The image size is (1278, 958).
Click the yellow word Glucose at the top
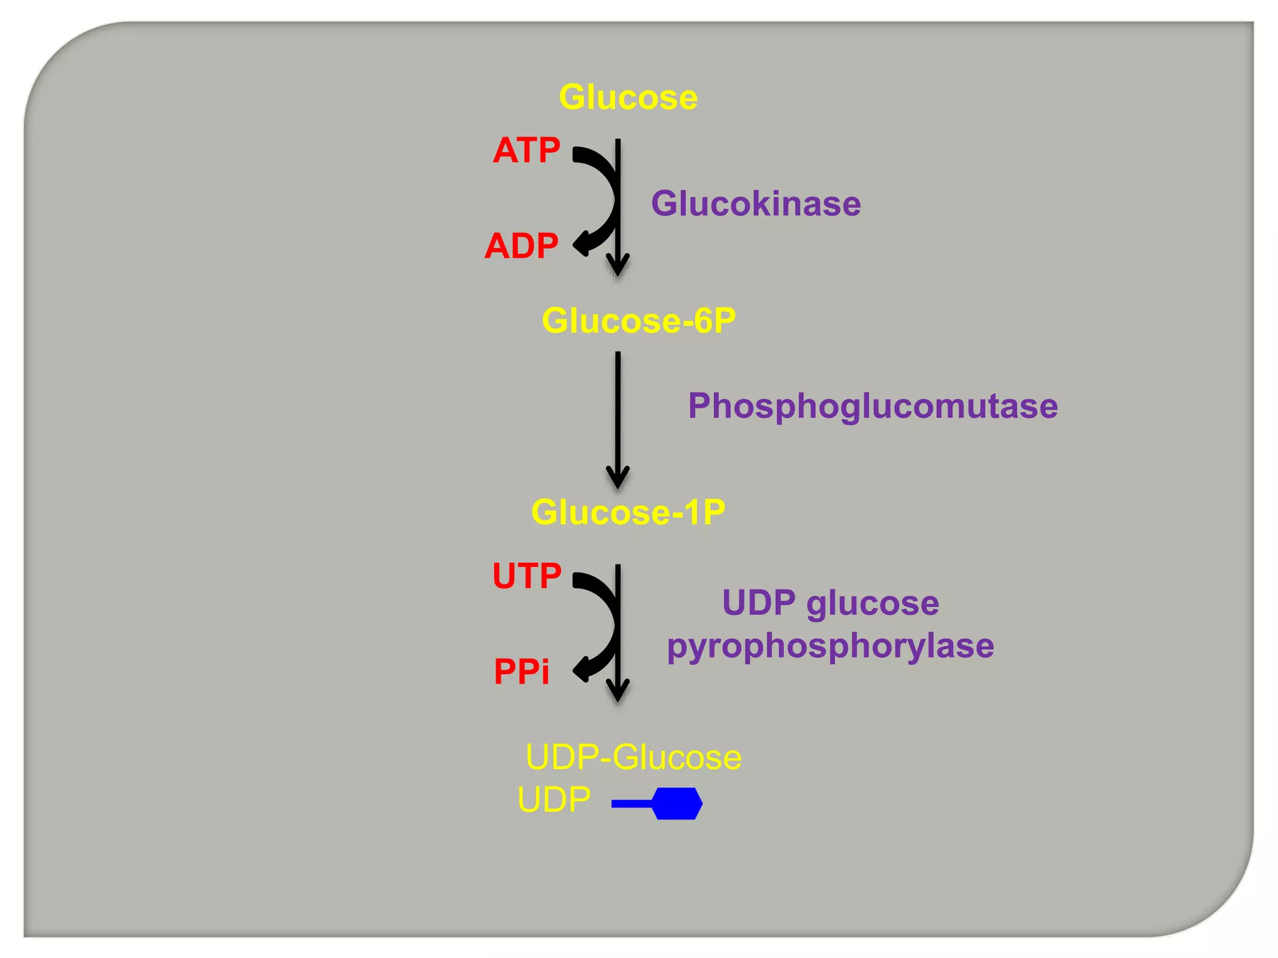coord(628,97)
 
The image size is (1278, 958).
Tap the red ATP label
coord(526,150)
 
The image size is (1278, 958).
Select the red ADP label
coord(521,246)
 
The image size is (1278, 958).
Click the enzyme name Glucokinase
coord(756,203)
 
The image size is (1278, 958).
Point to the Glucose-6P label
coord(638,321)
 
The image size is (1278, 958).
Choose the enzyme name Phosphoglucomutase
coord(872,406)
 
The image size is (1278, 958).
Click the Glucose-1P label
coord(628,512)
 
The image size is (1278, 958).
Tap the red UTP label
coord(527,576)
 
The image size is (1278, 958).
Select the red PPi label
coord(521,672)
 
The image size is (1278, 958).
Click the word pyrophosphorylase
coord(830,646)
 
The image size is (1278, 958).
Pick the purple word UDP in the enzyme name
coord(758,602)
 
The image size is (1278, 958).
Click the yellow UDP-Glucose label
coord(633,757)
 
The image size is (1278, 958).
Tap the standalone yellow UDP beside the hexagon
coord(554,800)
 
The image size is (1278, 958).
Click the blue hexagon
coord(678,803)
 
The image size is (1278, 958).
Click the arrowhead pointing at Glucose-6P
coord(618,267)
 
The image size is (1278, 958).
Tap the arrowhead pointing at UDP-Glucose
coord(618,693)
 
